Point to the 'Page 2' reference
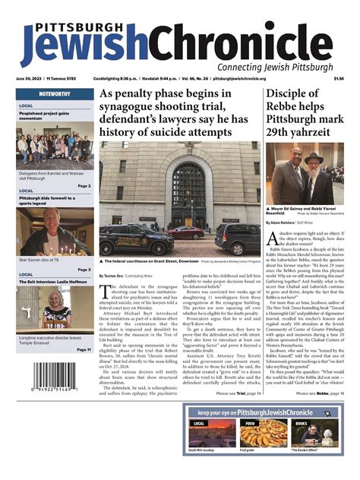pos(84,185)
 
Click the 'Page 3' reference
pos(84,269)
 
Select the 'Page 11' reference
pos(82,349)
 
